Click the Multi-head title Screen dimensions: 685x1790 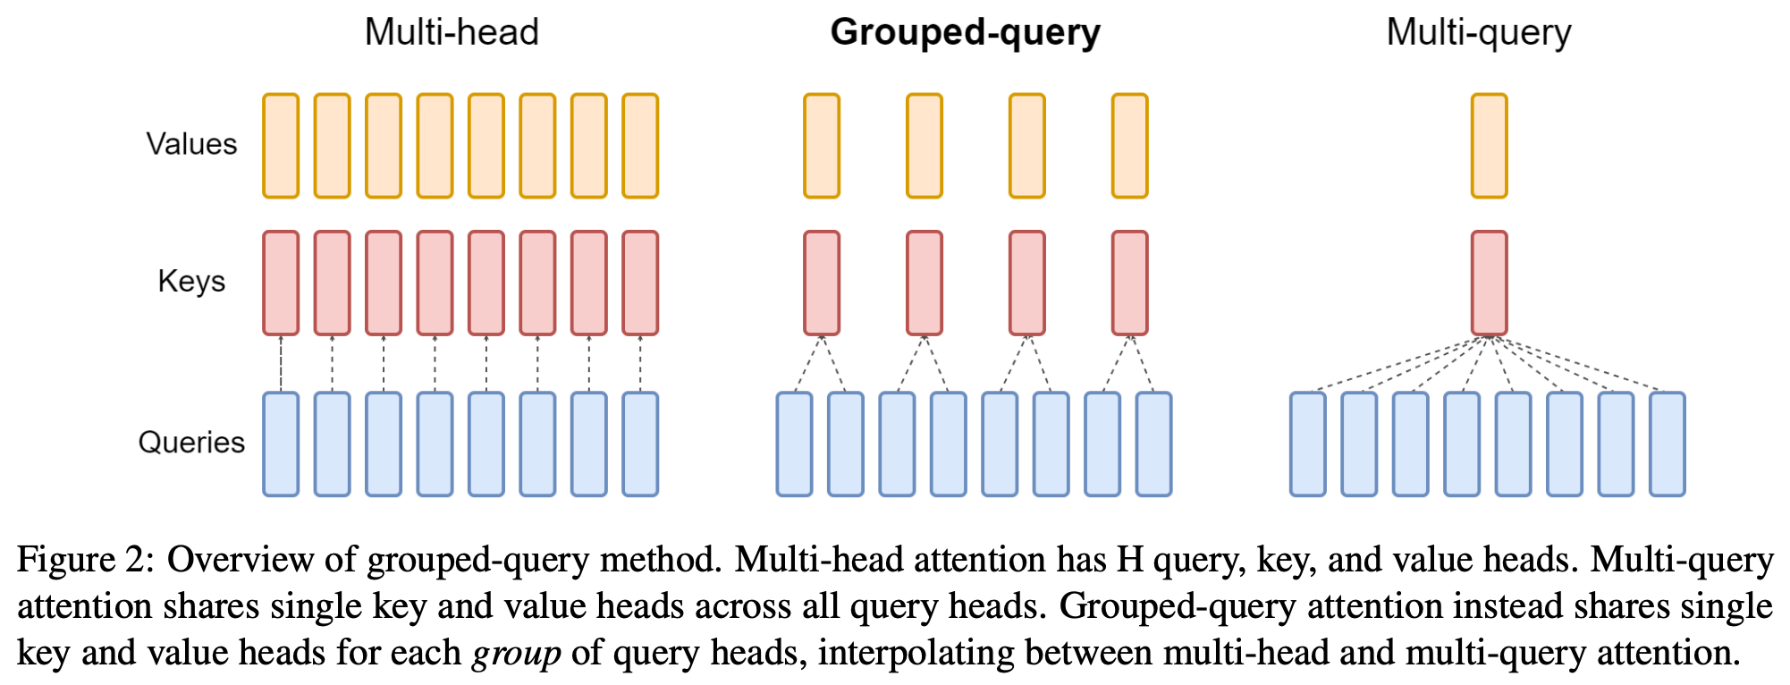pos(452,33)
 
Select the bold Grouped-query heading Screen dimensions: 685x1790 pos(965,33)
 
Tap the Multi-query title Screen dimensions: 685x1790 pos(1478,33)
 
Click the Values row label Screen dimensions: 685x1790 pos(191,144)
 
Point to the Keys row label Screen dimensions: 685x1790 pos(191,282)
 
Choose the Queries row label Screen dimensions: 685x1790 pos(191,443)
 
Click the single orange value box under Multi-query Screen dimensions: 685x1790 pos(1489,146)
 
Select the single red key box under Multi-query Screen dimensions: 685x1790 pos(1489,283)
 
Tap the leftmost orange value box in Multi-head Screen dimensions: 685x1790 pos(281,146)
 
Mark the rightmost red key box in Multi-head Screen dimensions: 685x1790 pos(640,283)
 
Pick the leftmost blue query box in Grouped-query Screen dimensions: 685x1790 pos(794,444)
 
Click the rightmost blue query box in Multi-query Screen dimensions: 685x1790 pos(1667,444)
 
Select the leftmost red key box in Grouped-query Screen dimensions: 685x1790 pos(821,283)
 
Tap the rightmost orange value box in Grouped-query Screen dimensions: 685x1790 pos(1129,146)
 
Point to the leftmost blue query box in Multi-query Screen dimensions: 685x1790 pos(1307,444)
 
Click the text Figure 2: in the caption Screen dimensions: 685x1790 pos(86,561)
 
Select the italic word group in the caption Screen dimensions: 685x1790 pos(517,654)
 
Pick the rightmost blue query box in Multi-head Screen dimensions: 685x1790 pos(640,444)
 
